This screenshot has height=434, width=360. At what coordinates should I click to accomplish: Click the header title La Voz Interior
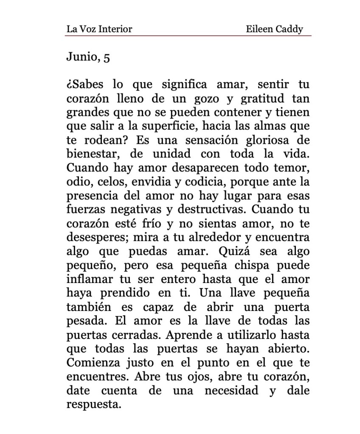(x=99, y=29)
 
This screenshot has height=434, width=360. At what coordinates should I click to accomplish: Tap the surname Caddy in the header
(x=290, y=29)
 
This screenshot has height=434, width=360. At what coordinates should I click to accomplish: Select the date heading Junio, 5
(x=88, y=57)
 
